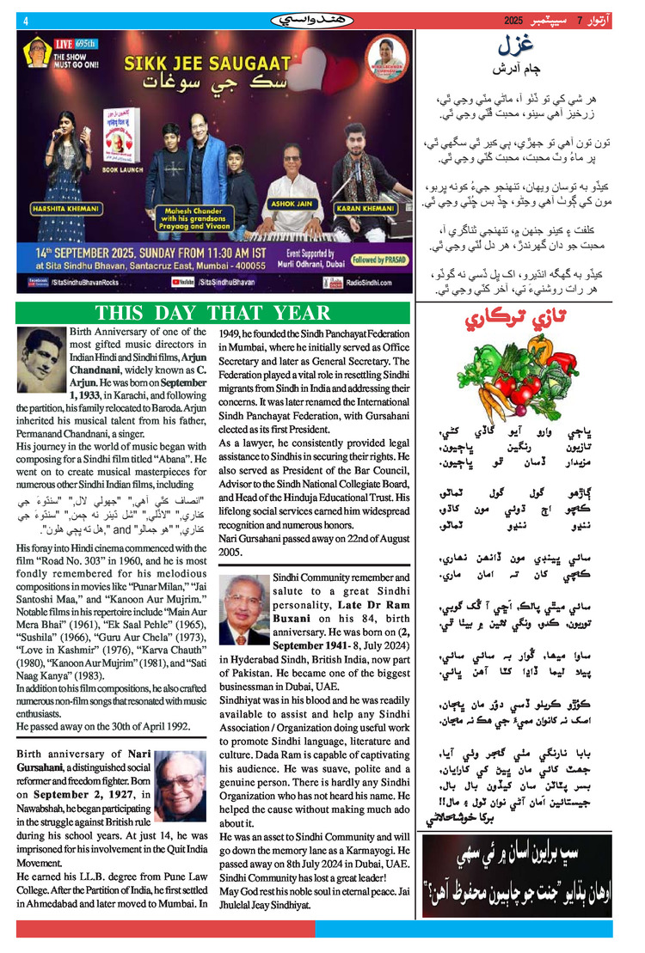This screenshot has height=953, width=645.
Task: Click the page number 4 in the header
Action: point(26,22)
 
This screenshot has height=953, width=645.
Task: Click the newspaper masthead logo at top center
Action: point(315,19)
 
